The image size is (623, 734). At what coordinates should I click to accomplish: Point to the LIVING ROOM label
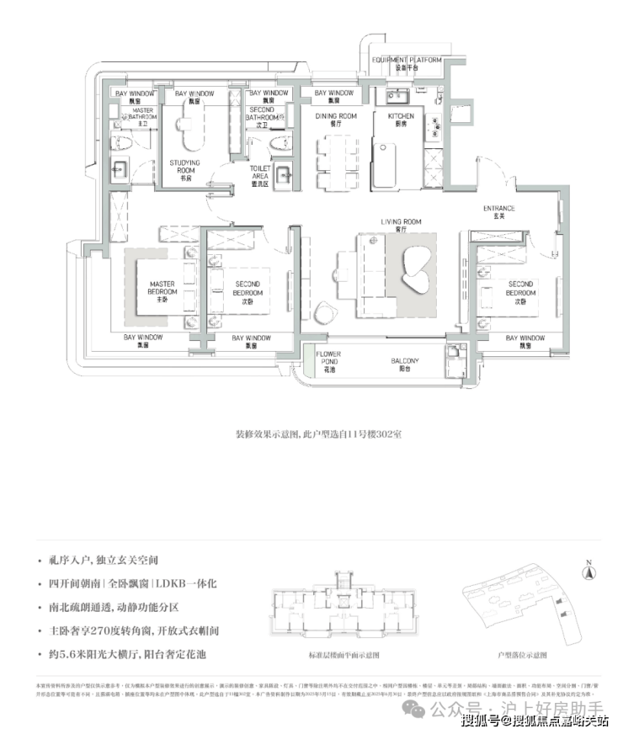(x=401, y=225)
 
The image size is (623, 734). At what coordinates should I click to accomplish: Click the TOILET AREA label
(x=260, y=173)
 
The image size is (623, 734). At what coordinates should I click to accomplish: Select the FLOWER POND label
(x=328, y=360)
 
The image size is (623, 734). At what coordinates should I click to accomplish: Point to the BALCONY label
(x=405, y=364)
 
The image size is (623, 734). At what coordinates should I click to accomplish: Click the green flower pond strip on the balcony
(x=309, y=359)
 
